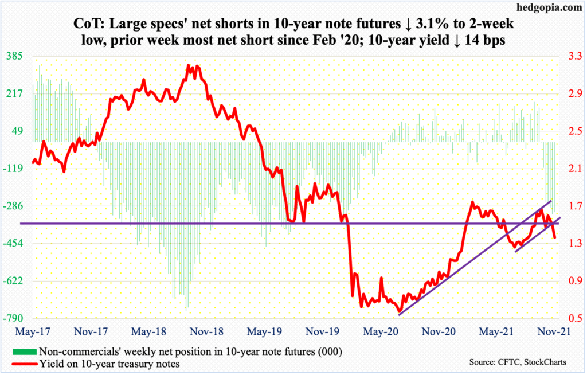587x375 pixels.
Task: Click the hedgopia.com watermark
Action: tap(548, 8)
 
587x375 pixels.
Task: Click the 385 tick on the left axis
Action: tap(14, 56)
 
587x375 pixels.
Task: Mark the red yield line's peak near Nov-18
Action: tap(189, 65)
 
